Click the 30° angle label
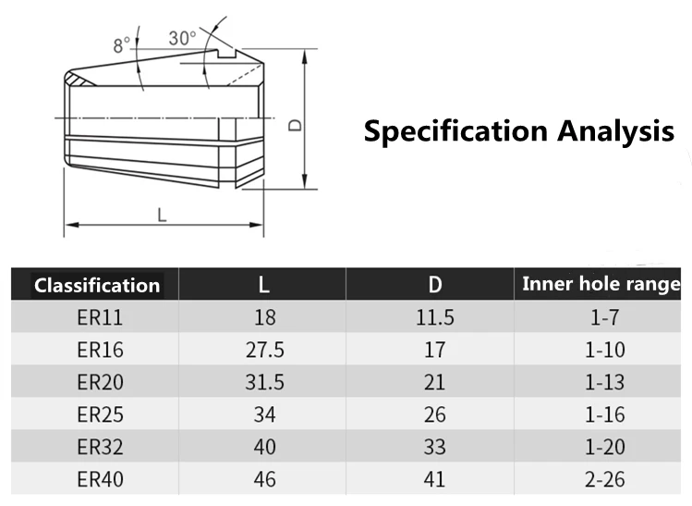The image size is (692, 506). [x=182, y=38]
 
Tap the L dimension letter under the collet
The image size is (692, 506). [x=162, y=215]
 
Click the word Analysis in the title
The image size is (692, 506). [x=614, y=130]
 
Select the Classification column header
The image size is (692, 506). [x=96, y=285]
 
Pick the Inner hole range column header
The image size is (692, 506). [x=601, y=284]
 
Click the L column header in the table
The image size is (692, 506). [x=264, y=285]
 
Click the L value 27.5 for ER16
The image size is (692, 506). [x=264, y=351]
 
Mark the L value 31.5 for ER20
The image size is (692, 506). [x=264, y=383]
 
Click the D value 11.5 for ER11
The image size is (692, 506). [x=434, y=318]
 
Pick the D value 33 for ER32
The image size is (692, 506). [x=434, y=447]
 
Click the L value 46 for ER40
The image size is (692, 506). [x=264, y=479]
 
